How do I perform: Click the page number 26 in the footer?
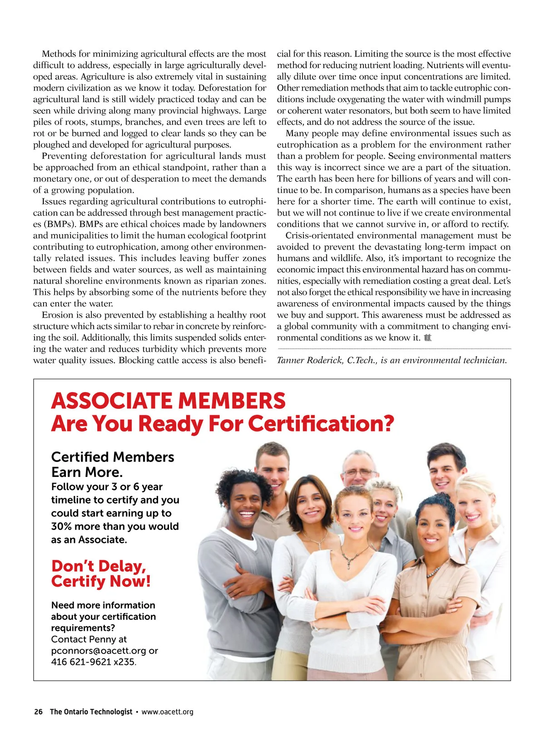(x=38, y=712)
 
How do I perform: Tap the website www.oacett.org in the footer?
(x=167, y=712)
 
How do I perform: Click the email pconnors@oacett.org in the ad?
(x=99, y=650)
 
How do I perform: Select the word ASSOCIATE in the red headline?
(x=112, y=401)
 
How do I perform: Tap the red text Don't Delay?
(x=99, y=566)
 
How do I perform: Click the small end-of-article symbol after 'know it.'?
(x=427, y=338)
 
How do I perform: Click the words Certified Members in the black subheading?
(x=113, y=457)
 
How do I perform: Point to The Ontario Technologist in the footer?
(x=91, y=712)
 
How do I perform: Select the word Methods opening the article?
(x=58, y=54)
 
